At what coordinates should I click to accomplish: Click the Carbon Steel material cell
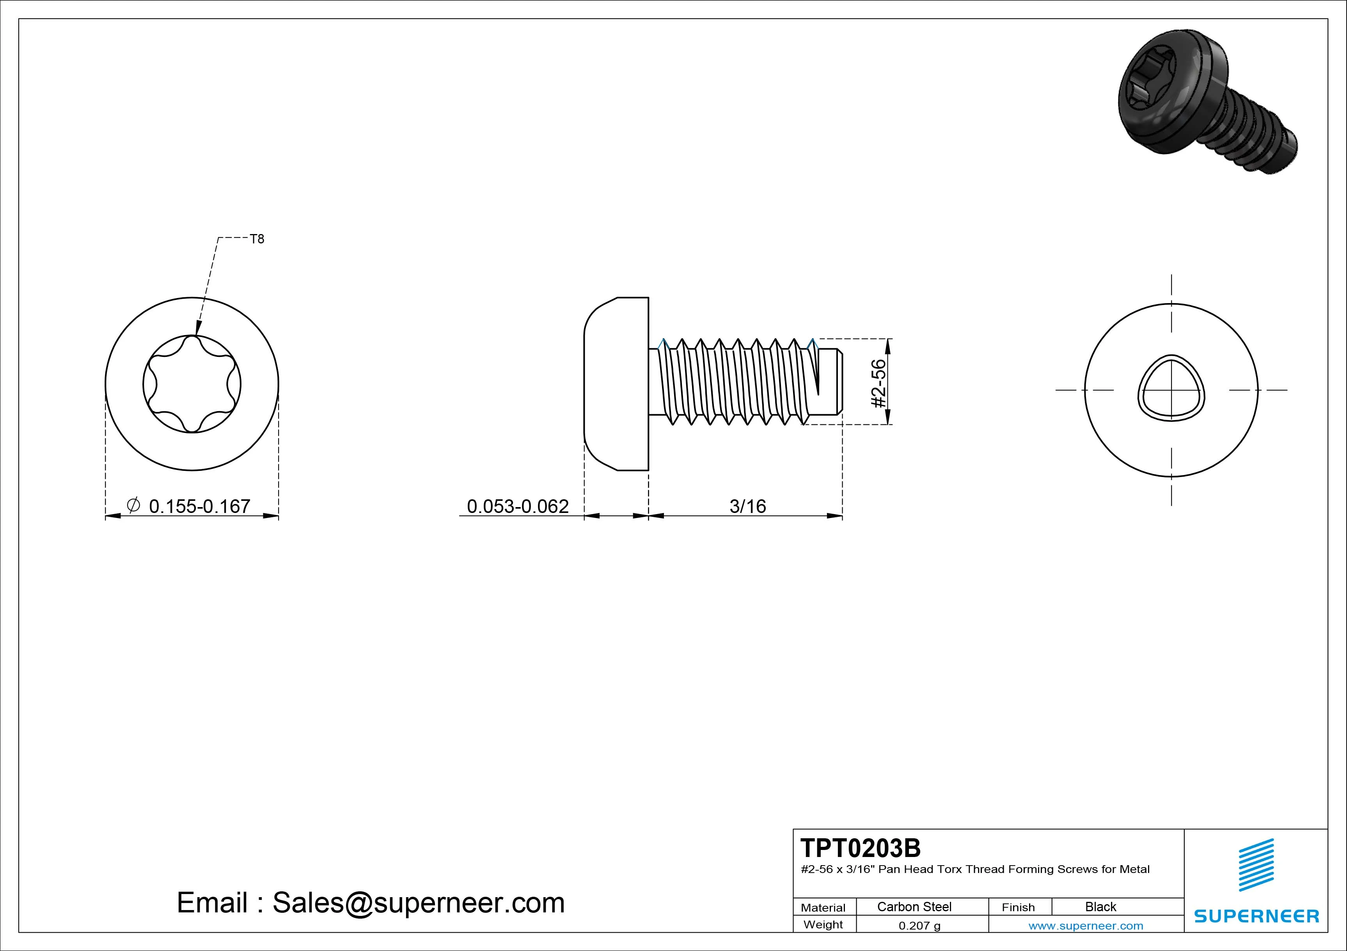tap(914, 907)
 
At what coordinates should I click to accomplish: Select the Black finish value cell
tap(1100, 907)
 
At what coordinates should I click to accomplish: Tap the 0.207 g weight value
tap(919, 926)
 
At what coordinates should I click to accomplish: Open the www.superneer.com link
tap(1085, 926)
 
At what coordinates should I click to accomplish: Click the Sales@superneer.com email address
tap(418, 902)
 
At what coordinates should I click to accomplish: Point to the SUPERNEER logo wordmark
tap(1256, 916)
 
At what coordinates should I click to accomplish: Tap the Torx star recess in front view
tap(192, 384)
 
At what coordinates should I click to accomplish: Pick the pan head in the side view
tap(616, 384)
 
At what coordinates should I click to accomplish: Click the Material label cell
tap(823, 908)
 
